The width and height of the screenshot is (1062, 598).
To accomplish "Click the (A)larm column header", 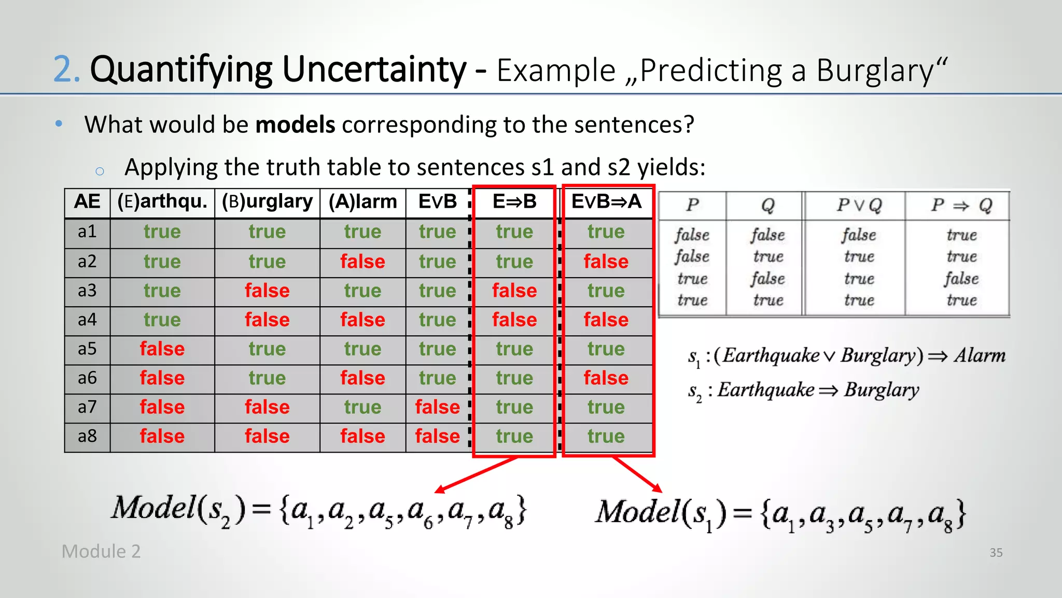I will [x=362, y=201].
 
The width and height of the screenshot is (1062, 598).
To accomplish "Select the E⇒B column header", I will [x=514, y=201].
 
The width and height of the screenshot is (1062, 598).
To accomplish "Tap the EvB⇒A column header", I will [x=606, y=201].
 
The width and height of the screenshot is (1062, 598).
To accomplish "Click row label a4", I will [x=87, y=319].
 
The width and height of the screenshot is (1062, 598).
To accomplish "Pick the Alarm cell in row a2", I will [x=362, y=261].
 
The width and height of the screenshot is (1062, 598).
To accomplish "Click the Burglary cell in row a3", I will [x=267, y=290].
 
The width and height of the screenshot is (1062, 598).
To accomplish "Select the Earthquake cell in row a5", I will [x=162, y=348].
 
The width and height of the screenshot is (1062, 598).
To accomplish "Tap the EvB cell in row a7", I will [x=437, y=407].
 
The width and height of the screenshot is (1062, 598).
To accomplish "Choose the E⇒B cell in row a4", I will [x=514, y=319].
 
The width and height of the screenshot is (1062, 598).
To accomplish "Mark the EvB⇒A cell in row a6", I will [x=606, y=378].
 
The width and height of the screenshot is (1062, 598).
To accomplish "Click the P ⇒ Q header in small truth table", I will [x=961, y=206].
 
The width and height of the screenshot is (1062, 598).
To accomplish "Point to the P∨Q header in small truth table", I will [x=859, y=206].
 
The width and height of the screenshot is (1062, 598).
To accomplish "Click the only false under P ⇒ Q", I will [x=961, y=279].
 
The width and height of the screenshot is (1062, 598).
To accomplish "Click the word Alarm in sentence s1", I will [x=980, y=356].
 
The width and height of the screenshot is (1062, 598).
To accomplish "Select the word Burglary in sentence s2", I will [x=881, y=389].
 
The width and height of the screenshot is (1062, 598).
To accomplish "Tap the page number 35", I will [x=996, y=552].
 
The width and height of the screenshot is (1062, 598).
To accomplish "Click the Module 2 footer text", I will [x=101, y=551].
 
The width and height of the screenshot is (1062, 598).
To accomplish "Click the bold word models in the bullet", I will [x=295, y=125].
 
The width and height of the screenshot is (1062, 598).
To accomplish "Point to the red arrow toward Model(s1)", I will [x=637, y=474].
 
